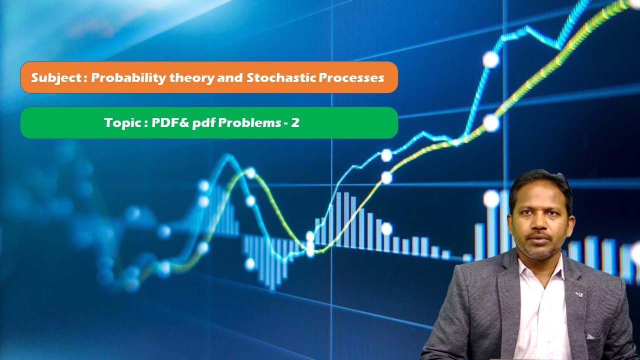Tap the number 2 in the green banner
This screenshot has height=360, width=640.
[295, 122]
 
